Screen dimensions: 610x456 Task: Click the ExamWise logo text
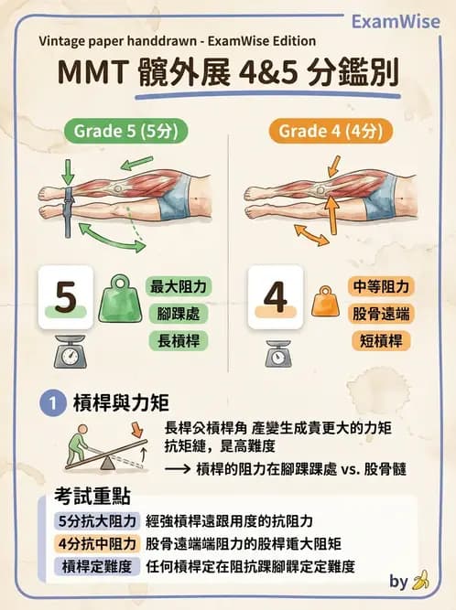point(396,21)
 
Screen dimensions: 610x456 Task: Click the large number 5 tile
point(65,298)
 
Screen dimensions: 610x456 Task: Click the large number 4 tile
point(274,298)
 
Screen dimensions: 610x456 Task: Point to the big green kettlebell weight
point(120,298)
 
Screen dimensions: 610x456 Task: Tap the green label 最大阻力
point(179,286)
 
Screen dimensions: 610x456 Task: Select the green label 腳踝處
point(179,315)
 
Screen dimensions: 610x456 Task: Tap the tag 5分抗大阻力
point(95,521)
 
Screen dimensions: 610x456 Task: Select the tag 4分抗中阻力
point(95,543)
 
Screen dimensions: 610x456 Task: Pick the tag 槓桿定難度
point(95,566)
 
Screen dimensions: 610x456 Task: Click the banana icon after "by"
point(420,581)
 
